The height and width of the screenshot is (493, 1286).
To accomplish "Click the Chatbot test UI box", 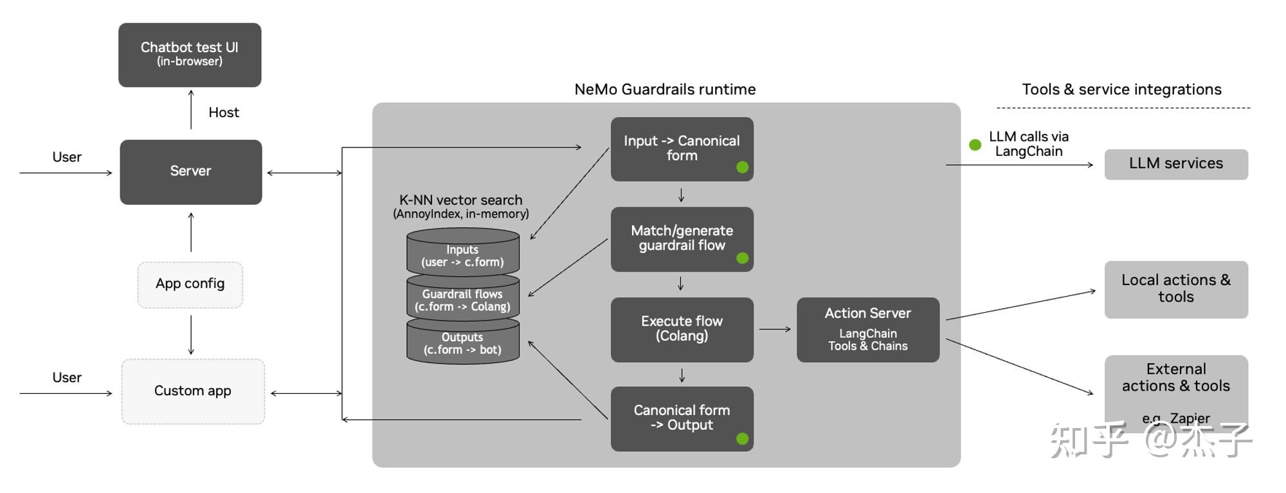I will point(190,55).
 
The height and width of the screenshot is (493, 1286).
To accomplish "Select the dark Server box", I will point(191,172).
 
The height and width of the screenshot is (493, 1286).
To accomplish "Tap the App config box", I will point(190,284).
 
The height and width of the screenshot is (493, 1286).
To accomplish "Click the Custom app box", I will point(193,391).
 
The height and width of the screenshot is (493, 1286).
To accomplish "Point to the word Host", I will point(224,113).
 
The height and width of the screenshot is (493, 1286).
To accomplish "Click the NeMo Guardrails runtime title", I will point(665,89).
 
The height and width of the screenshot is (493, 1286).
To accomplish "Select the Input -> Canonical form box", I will point(682,149).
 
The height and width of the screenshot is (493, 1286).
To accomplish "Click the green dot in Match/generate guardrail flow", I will point(742,258).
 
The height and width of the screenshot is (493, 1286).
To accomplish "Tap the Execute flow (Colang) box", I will point(682,329).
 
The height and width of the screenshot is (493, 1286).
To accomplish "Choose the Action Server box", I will point(867,329).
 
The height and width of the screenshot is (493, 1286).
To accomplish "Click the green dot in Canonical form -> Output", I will point(742,439).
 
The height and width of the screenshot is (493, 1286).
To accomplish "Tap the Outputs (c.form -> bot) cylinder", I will point(462,344).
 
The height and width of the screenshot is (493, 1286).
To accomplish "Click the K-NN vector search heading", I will point(460,200).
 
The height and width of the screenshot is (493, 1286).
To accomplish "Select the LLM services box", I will point(1175,164).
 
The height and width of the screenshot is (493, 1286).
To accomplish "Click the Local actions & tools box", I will point(1175,289).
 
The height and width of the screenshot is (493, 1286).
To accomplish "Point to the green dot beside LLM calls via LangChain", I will point(975,145).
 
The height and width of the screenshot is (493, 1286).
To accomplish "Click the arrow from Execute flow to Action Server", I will point(775,329).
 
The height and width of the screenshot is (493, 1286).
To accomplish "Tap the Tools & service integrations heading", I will point(1121,89).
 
